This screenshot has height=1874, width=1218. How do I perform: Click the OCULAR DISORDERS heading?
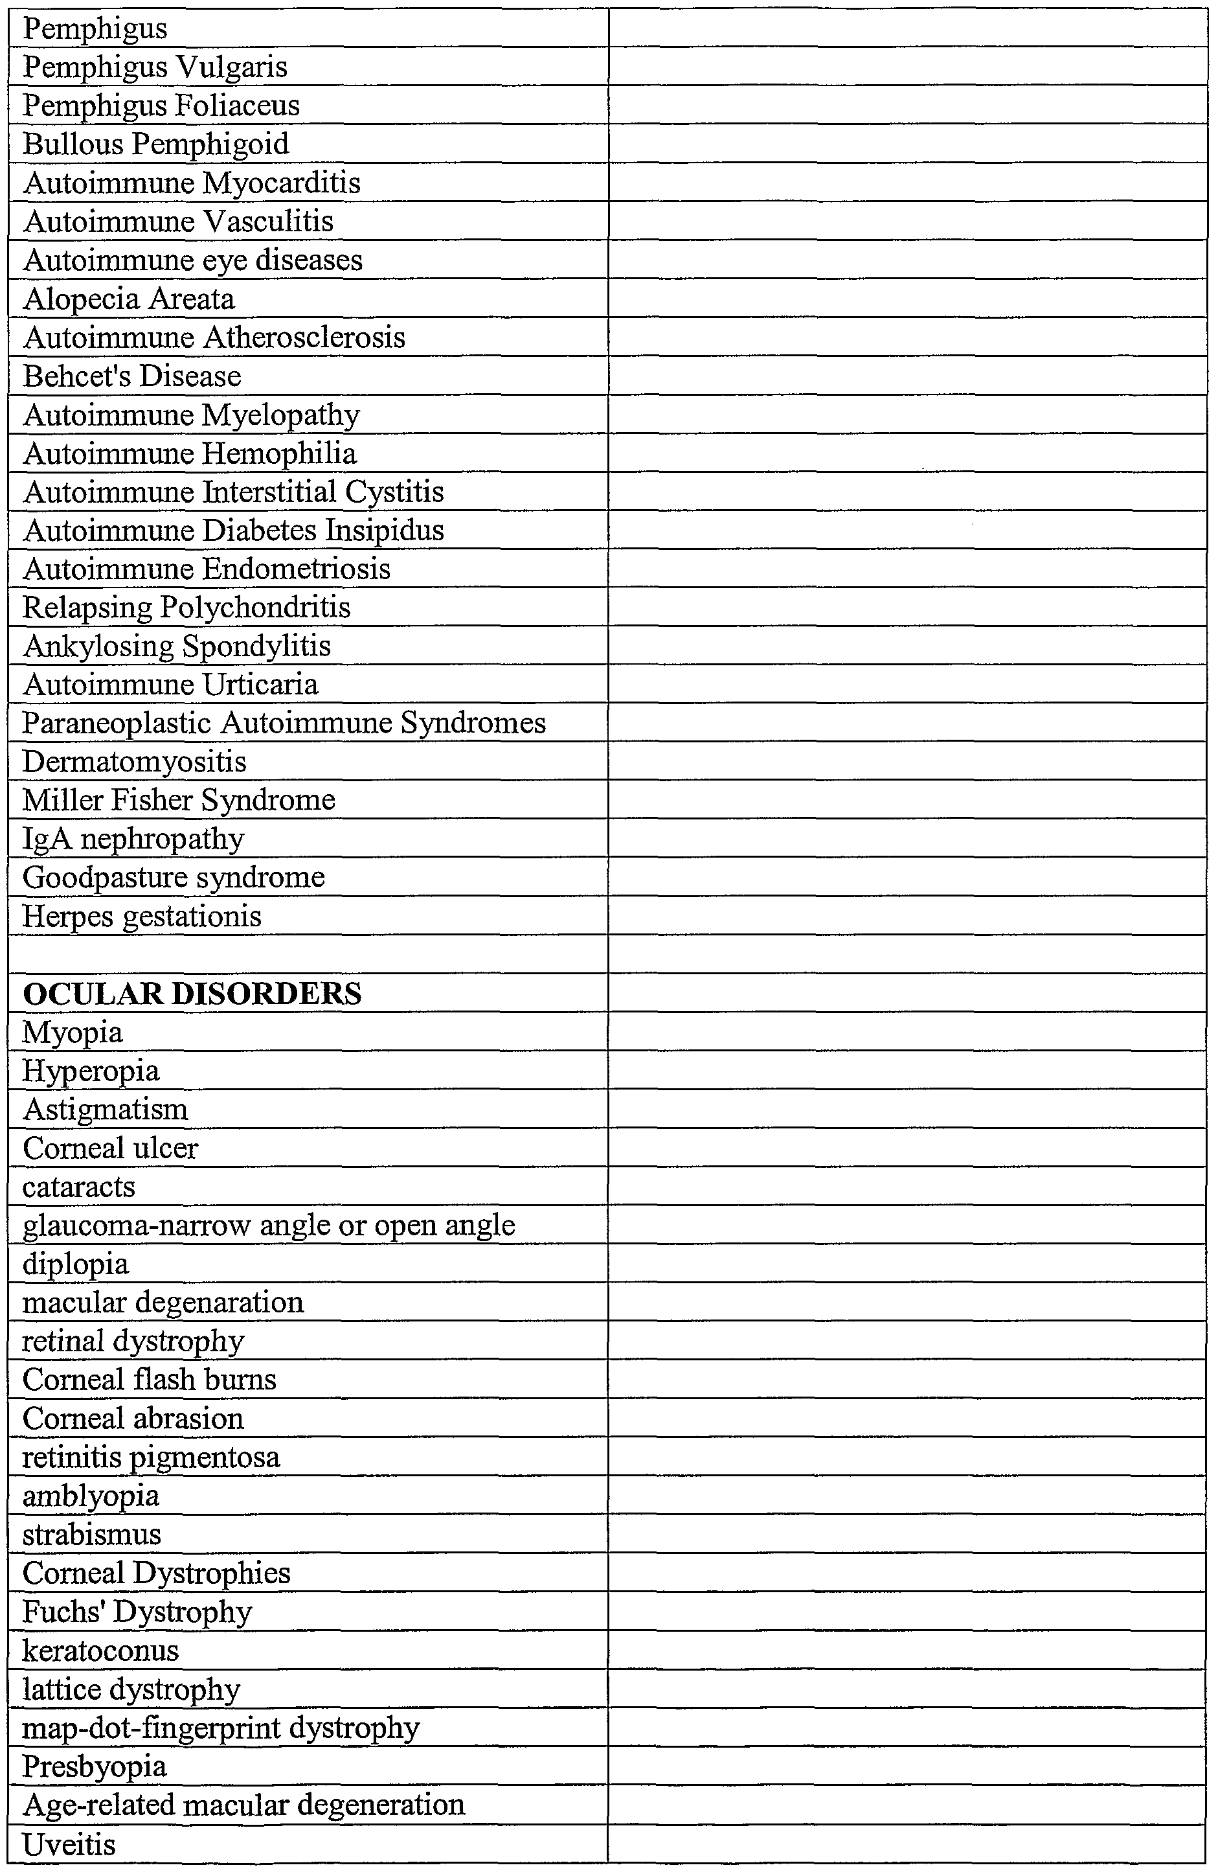click(x=192, y=994)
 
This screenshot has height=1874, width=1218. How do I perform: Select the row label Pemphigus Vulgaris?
click(x=155, y=67)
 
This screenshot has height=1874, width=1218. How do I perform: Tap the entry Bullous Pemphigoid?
click(x=156, y=144)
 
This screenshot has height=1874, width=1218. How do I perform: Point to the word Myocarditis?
click(x=281, y=183)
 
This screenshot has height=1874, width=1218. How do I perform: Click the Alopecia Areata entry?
click(x=129, y=299)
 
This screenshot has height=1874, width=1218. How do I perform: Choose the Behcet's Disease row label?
click(x=132, y=376)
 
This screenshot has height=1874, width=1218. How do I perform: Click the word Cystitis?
click(x=394, y=492)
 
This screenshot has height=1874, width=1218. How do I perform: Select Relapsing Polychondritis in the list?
click(x=186, y=607)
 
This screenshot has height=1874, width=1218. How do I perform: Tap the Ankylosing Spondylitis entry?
click(x=177, y=646)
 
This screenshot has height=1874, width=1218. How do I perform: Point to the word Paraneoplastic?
click(x=117, y=723)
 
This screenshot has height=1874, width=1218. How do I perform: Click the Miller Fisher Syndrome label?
click(x=179, y=800)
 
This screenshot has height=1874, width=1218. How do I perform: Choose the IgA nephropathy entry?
click(x=133, y=840)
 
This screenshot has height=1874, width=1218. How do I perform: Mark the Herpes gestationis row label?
click(x=142, y=917)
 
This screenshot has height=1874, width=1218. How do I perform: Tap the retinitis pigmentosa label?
click(x=151, y=1457)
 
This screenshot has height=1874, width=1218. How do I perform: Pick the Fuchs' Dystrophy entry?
click(x=137, y=1612)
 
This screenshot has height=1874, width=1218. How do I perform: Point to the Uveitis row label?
click(x=69, y=1844)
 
